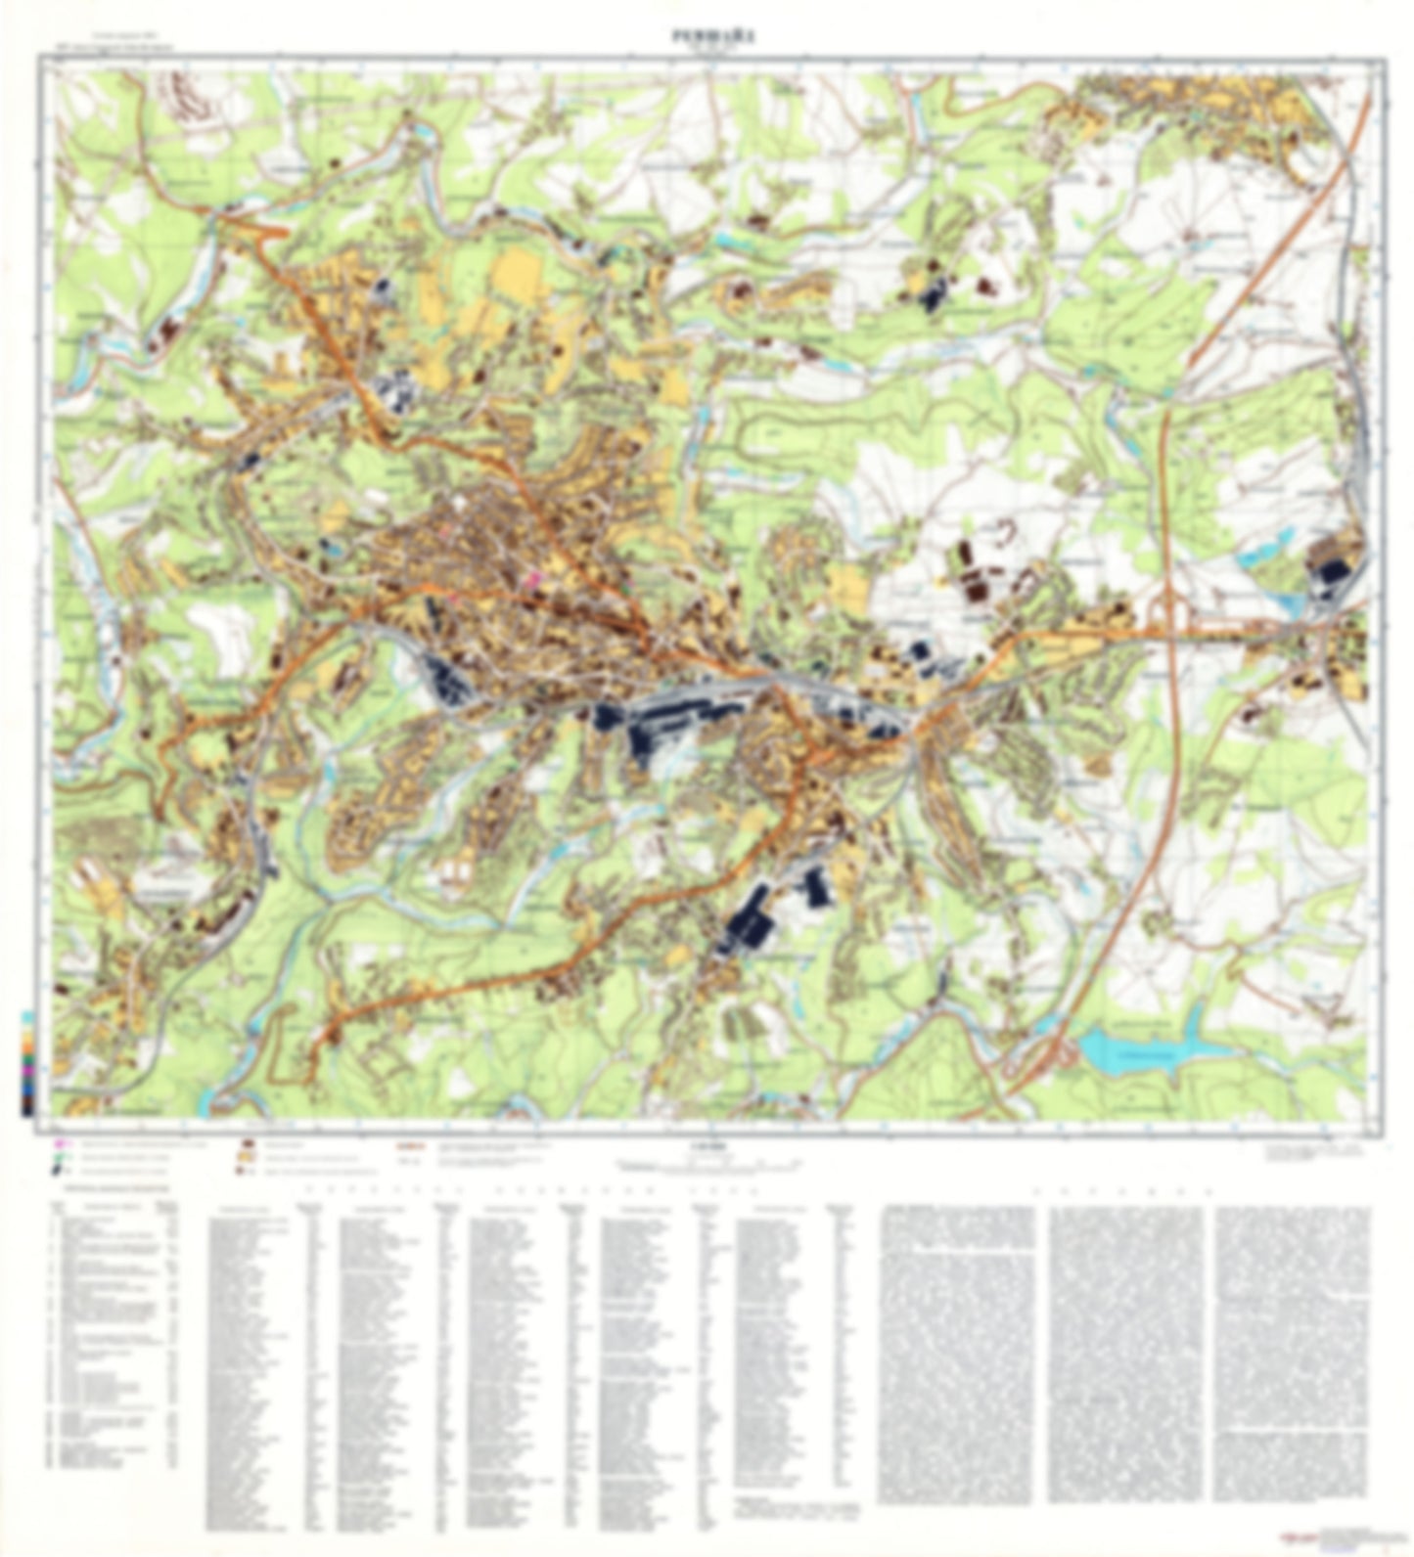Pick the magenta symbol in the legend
(62, 1141)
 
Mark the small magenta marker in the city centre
(533, 579)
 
